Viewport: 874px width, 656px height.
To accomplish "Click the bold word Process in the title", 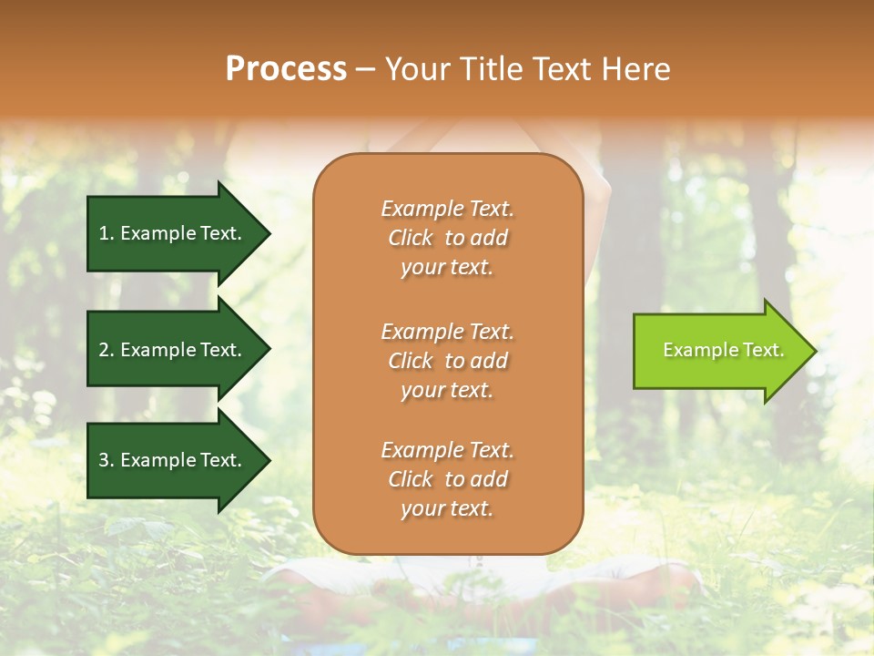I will [286, 69].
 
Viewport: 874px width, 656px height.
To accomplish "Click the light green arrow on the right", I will [719, 351].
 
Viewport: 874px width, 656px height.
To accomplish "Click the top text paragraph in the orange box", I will [447, 238].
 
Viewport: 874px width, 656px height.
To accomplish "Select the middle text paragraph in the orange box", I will [447, 361].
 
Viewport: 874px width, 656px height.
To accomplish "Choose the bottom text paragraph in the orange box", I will [447, 479].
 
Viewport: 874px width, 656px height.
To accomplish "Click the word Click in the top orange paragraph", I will [410, 238].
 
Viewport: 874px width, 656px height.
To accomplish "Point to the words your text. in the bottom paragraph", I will [447, 508].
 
